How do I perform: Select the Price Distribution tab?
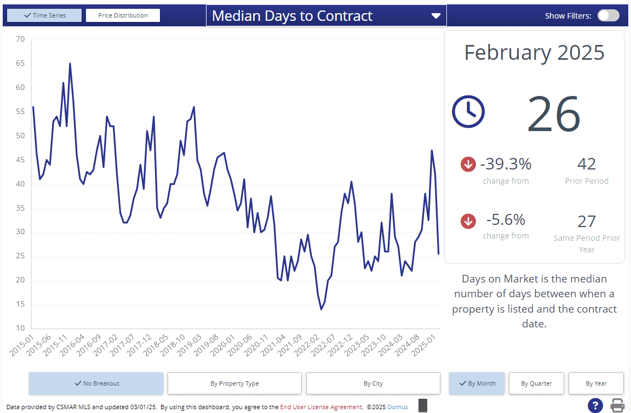(x=123, y=15)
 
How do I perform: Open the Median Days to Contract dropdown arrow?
(x=436, y=16)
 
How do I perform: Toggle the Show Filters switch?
(x=608, y=16)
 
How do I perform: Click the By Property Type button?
(x=234, y=383)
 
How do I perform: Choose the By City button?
(x=373, y=383)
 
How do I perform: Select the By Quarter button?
(x=536, y=383)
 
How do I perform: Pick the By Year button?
(x=596, y=383)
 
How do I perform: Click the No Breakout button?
(x=96, y=383)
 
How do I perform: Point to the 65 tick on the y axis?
(x=20, y=63)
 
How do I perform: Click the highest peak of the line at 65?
(x=70, y=64)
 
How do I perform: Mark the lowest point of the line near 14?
(x=322, y=309)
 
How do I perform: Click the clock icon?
(x=468, y=111)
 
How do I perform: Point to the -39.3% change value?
(x=506, y=164)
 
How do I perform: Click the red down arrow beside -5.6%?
(x=468, y=221)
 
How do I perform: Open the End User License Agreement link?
(x=321, y=407)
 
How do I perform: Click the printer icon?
(x=618, y=405)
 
